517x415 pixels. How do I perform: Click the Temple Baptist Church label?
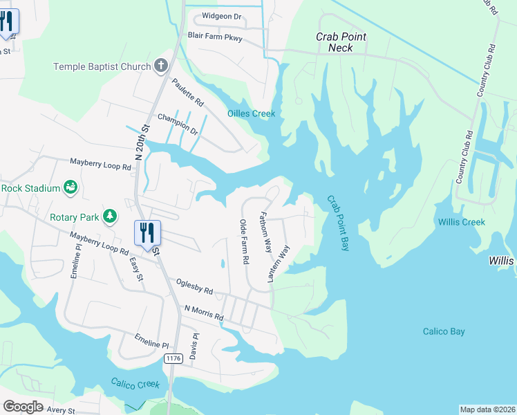click(102, 66)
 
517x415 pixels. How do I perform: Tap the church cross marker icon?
click(160, 66)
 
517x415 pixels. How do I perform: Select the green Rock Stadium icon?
click(70, 187)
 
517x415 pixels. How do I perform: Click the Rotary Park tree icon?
click(109, 216)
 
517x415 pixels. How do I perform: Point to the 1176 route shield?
click(173, 358)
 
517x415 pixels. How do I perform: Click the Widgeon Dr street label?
click(223, 16)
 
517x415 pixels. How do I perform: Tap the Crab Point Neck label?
click(341, 42)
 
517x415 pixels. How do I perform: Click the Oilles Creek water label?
click(252, 113)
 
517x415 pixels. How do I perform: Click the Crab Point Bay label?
click(339, 223)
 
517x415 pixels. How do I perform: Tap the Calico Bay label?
click(444, 332)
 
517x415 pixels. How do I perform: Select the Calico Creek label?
click(135, 383)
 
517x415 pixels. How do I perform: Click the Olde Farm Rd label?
click(244, 242)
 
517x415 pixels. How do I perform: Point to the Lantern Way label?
click(279, 264)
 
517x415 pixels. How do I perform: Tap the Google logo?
click(23, 407)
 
